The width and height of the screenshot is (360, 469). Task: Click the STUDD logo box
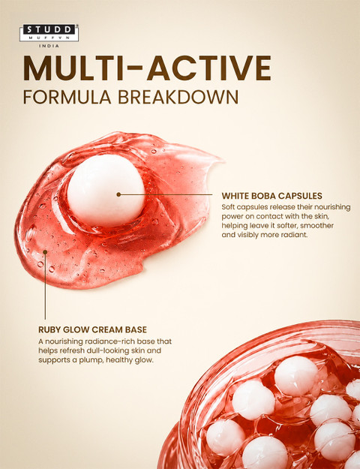click(x=49, y=32)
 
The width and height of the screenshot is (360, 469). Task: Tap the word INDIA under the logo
click(x=49, y=46)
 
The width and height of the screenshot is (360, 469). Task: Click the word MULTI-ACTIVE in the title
click(x=147, y=68)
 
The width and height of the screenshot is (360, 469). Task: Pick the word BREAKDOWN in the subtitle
click(x=178, y=97)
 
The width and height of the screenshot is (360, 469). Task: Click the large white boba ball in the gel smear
click(x=106, y=191)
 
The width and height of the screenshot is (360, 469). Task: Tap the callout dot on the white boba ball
click(x=118, y=194)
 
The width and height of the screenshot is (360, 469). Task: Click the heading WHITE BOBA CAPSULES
click(x=271, y=196)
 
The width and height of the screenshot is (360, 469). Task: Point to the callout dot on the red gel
click(x=45, y=252)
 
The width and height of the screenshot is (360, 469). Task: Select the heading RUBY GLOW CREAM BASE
click(x=92, y=329)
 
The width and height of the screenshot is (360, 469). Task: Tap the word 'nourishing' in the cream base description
click(x=64, y=341)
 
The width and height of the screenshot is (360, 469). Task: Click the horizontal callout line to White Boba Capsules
click(x=166, y=194)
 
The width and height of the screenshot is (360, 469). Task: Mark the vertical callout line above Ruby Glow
click(x=45, y=286)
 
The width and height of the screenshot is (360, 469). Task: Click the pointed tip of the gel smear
click(x=223, y=159)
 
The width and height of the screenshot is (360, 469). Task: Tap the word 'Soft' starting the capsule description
click(x=228, y=207)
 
